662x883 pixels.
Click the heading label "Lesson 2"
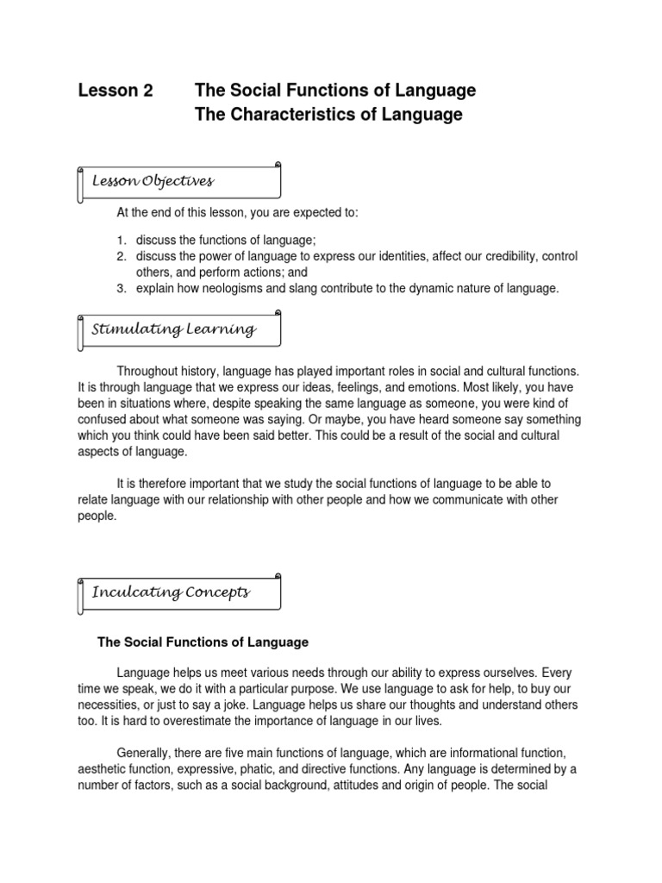tap(116, 91)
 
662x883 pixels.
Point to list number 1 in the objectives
tap(122, 240)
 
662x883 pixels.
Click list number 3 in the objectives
tap(122, 289)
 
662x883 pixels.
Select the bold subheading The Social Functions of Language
tap(203, 642)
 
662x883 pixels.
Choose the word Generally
tap(145, 754)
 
